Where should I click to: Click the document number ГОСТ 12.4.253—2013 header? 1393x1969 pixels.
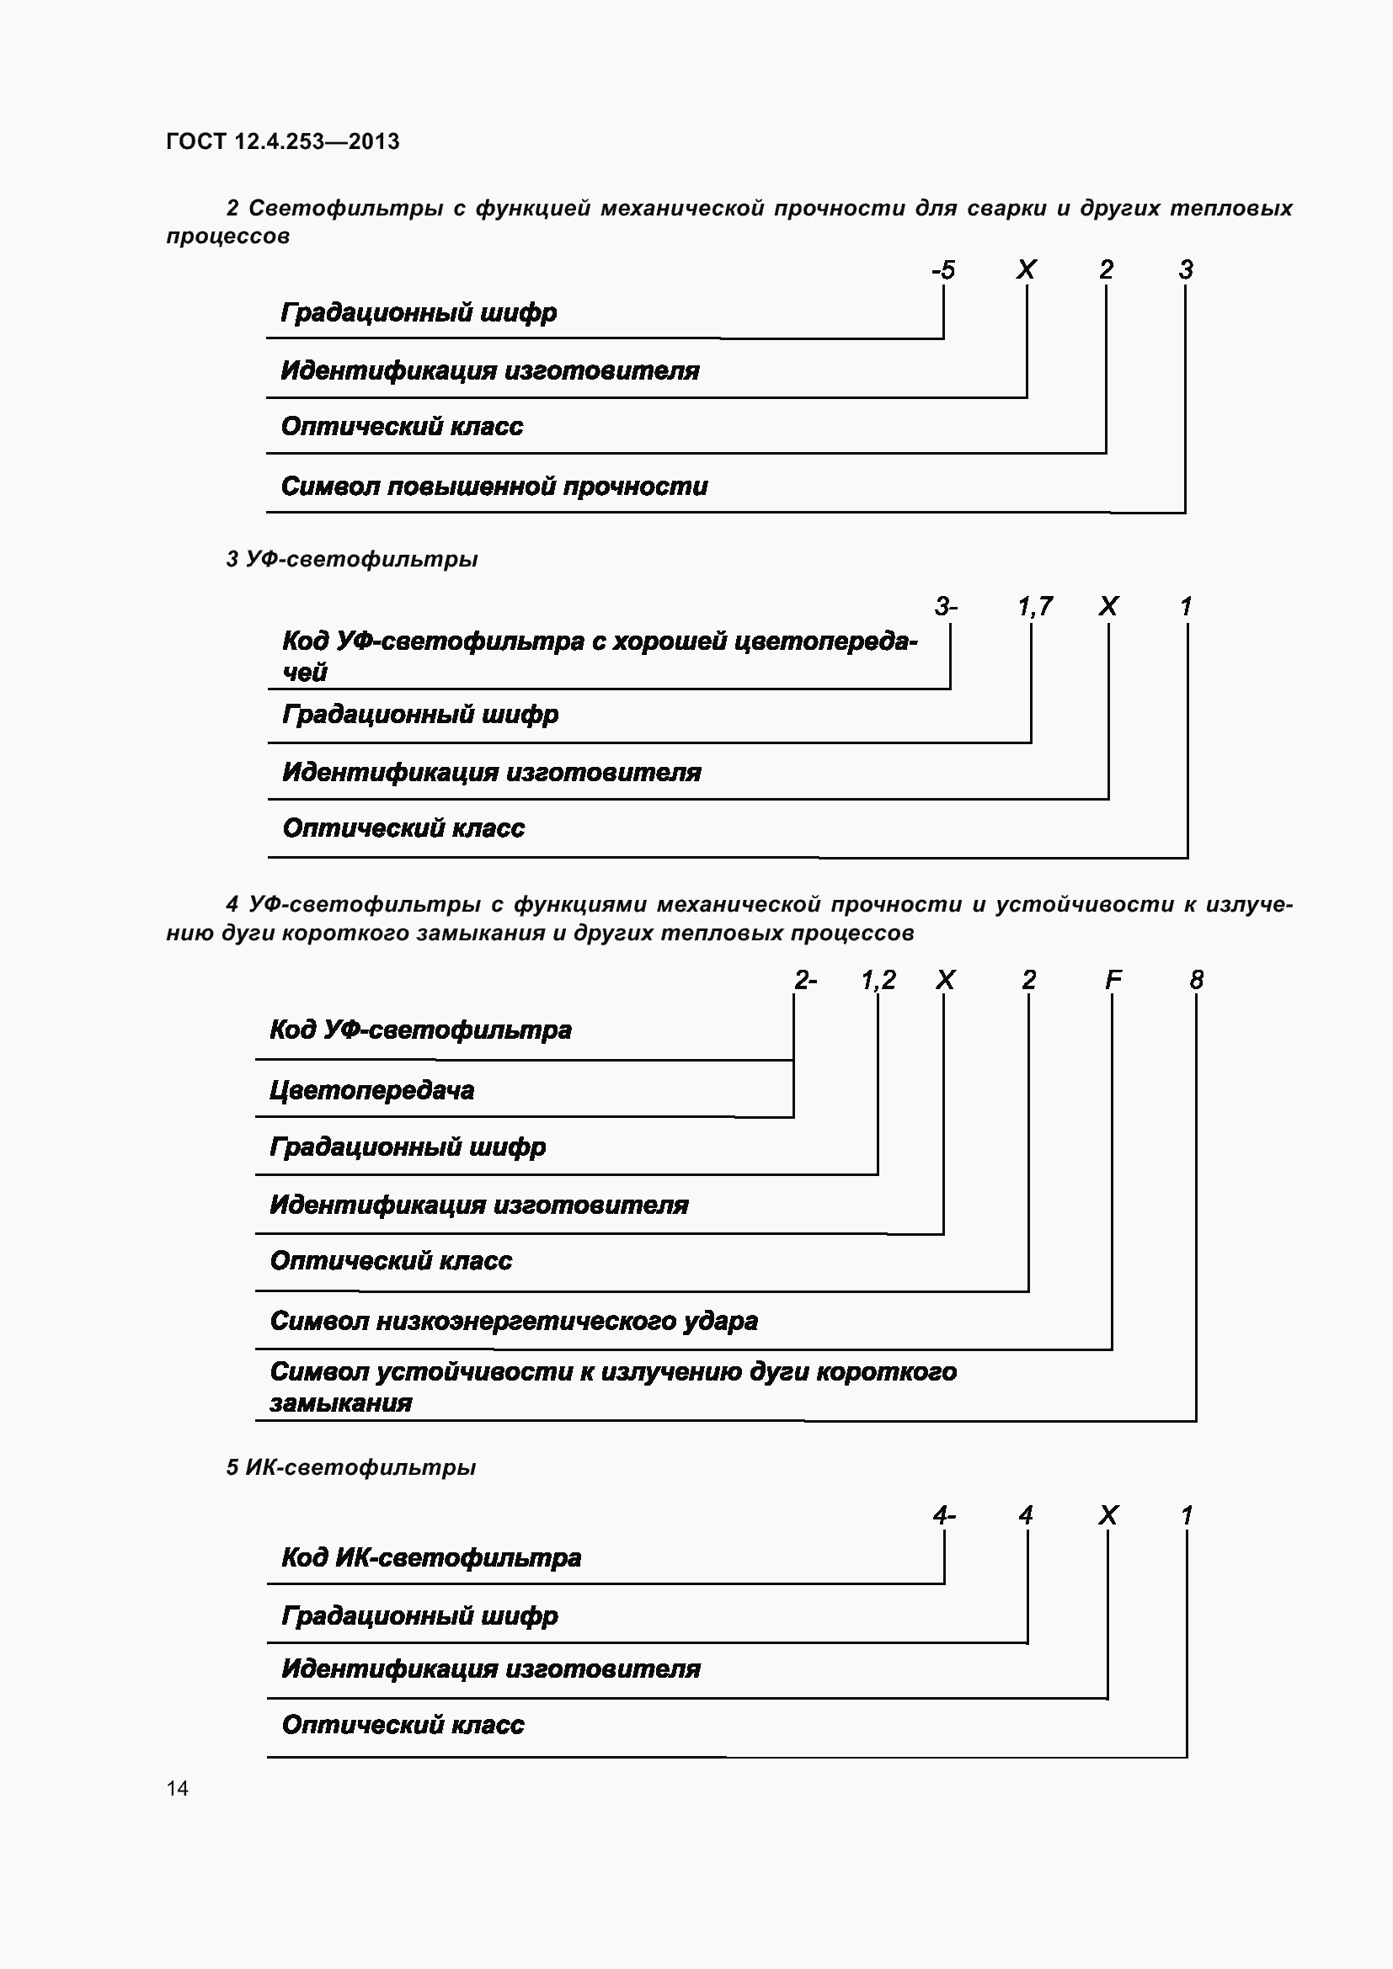pos(282,141)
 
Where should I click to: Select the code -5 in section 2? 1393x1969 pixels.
pos(942,270)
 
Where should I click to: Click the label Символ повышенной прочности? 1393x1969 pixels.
pos(494,487)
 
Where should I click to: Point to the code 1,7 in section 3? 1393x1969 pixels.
pos(1034,607)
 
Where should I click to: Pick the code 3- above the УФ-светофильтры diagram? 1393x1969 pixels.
pos(945,607)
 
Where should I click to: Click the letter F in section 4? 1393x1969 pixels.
pos(1113,979)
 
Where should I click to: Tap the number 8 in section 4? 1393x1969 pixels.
pos(1197,979)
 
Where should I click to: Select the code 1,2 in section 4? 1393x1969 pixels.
pos(878,979)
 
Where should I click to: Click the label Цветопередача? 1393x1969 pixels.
pos(371,1090)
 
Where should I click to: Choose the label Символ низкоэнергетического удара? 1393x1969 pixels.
pos(514,1321)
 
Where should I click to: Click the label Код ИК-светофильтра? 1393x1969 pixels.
pos(431,1557)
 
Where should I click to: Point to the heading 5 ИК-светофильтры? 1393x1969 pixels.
pos(351,1467)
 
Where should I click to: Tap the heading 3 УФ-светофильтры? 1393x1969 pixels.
pos(352,559)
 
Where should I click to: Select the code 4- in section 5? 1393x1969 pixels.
pos(943,1515)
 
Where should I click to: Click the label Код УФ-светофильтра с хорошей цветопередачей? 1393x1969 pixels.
pos(600,656)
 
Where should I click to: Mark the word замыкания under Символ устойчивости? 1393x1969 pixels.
pos(340,1403)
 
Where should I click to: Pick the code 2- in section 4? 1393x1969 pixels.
pos(805,979)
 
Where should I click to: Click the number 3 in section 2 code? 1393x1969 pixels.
pos(1187,270)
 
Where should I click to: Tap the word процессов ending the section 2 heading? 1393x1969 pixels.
pos(227,236)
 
